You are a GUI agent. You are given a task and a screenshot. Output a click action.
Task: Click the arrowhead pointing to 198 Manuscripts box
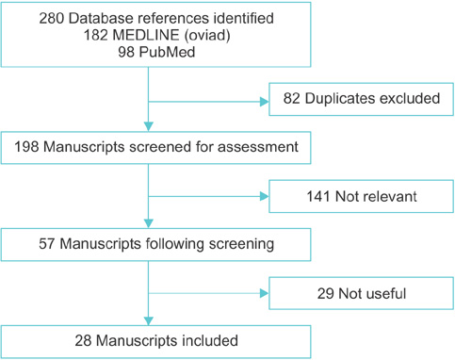coord(149,126)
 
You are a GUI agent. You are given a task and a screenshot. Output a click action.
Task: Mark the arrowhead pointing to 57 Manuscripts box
coord(149,225)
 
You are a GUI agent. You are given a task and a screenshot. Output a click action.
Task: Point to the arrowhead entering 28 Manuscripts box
coord(149,320)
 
